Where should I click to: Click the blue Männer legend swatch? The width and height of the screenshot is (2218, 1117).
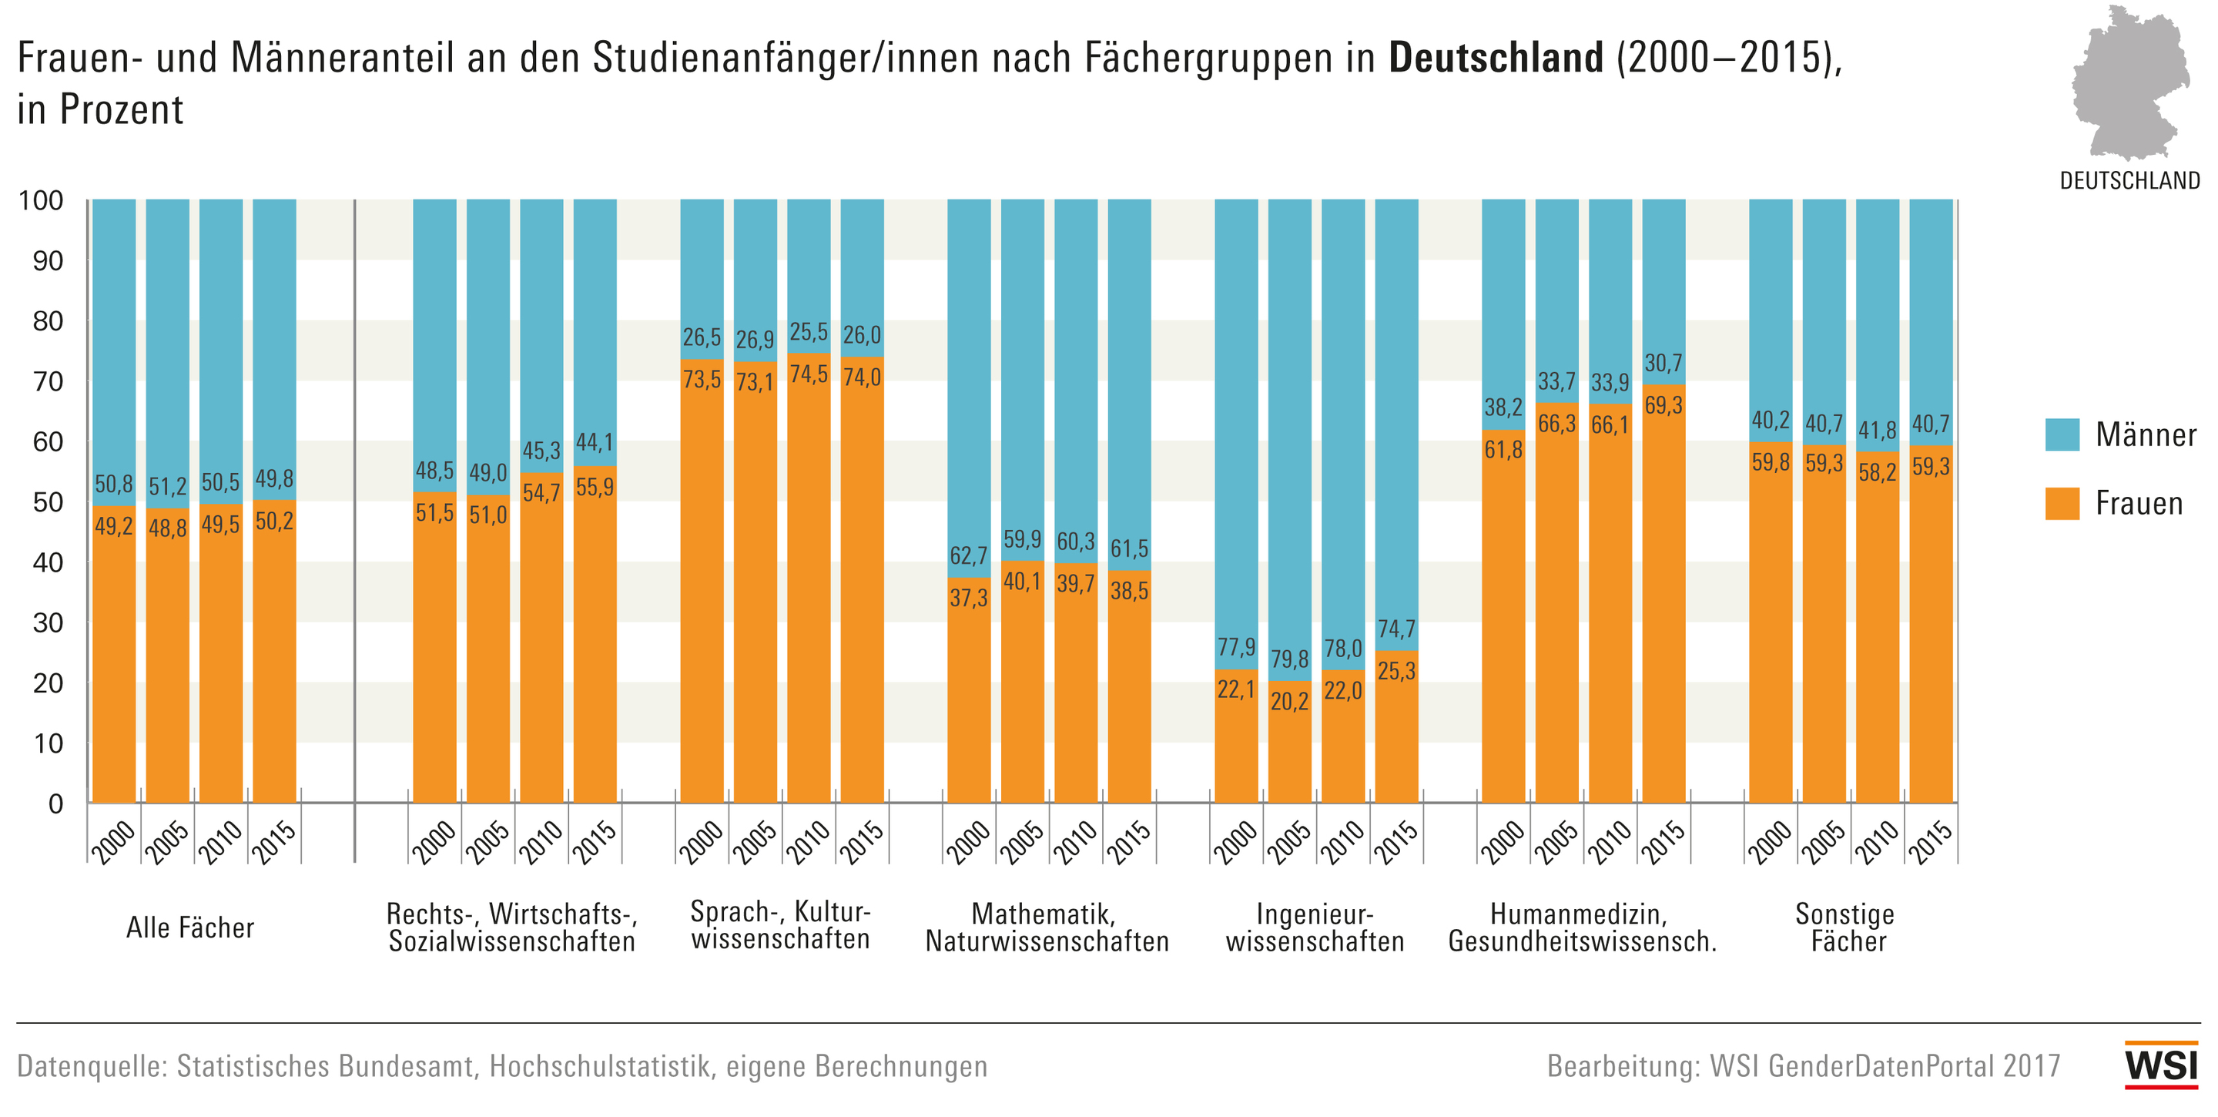pyautogui.click(x=2062, y=435)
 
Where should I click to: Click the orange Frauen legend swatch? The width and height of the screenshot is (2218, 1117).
pyautogui.click(x=2062, y=504)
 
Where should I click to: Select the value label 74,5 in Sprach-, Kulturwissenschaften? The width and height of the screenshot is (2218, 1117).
pyautogui.click(x=809, y=374)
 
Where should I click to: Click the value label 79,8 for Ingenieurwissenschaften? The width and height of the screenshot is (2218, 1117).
pyautogui.click(x=1289, y=659)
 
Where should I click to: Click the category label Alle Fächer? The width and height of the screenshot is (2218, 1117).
pyautogui.click(x=190, y=928)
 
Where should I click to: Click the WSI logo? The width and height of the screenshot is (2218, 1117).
pyautogui.click(x=2161, y=1065)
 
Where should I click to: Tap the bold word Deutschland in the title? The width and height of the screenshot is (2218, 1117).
pyautogui.click(x=1496, y=59)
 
